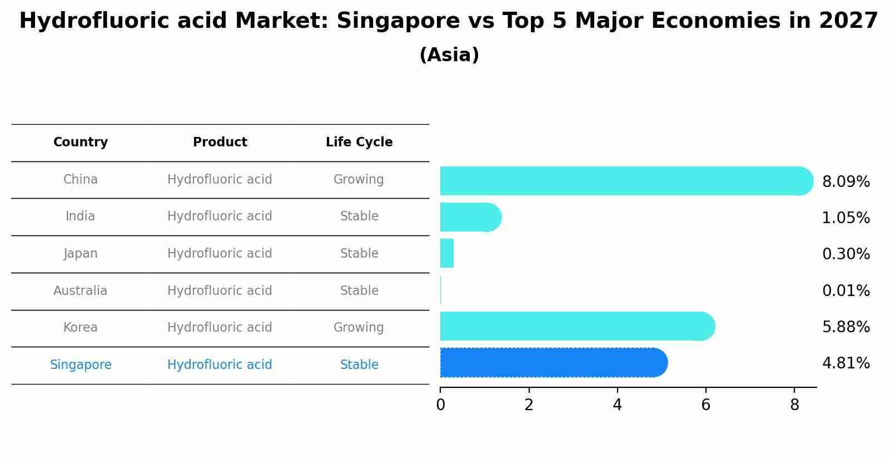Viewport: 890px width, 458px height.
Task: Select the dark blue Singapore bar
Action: [x=553, y=363]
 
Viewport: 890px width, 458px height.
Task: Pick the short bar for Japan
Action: [x=447, y=253]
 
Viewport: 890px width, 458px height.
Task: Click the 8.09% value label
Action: [x=846, y=182]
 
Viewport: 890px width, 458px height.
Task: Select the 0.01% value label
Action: [x=846, y=290]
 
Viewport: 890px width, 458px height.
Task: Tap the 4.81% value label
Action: [x=846, y=363]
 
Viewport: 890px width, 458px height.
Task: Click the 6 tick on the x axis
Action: [x=705, y=405]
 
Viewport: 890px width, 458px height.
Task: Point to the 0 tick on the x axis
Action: [x=440, y=405]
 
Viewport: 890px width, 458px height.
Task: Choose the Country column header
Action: [x=81, y=142]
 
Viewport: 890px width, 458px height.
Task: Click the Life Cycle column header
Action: [x=359, y=142]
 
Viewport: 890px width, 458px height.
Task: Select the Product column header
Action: [x=220, y=142]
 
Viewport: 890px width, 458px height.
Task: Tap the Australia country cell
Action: [x=81, y=290]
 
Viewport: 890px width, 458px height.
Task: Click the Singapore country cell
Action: [x=81, y=365]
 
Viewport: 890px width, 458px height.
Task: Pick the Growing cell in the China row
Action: [x=359, y=179]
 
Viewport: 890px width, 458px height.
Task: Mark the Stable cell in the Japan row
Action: [x=359, y=253]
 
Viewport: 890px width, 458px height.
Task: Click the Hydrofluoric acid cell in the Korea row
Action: [x=220, y=327]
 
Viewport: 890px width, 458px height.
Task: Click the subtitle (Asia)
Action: [x=449, y=55]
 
